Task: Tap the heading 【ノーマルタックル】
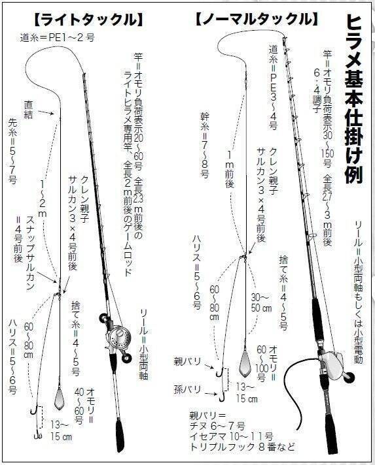(257, 20)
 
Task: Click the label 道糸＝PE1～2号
(58, 38)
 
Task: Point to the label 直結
(29, 110)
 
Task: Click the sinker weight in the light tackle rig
(59, 398)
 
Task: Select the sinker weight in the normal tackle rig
(246, 364)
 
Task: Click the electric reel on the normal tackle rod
(333, 362)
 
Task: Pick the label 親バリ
(187, 362)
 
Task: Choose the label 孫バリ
(187, 389)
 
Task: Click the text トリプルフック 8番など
(242, 446)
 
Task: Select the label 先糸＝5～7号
(13, 151)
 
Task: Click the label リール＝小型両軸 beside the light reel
(144, 344)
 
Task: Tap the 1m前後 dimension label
(230, 169)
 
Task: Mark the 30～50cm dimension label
(262, 302)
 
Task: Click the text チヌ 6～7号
(217, 426)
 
